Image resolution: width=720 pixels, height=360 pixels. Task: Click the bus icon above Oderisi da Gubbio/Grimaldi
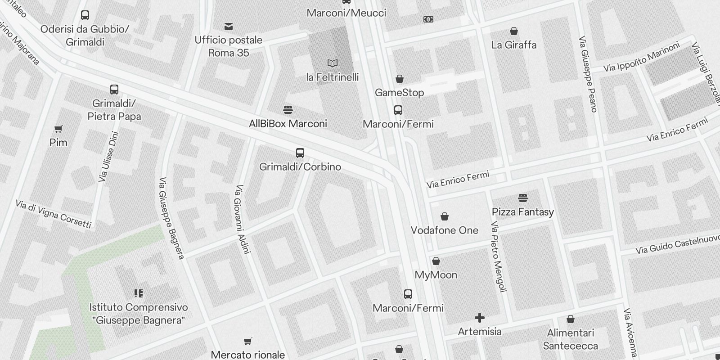tap(85, 15)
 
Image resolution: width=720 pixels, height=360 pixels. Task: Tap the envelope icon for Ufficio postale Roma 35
tap(229, 27)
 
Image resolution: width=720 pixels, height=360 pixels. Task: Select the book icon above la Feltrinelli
tap(333, 63)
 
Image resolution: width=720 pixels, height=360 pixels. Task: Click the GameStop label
tap(399, 93)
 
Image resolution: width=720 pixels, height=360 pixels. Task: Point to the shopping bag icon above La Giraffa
tap(513, 31)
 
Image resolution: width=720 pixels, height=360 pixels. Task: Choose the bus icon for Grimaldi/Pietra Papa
tap(114, 90)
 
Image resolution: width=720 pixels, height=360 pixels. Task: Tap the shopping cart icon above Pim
tap(58, 129)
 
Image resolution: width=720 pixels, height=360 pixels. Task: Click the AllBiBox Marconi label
tap(288, 124)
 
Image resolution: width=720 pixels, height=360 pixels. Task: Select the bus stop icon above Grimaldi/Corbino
tap(300, 153)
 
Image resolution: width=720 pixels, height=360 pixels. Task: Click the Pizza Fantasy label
tap(522, 212)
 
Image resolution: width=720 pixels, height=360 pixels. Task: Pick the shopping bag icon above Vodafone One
tap(444, 217)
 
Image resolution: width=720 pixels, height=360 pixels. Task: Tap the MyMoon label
tap(436, 275)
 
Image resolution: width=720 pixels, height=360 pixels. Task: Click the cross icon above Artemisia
tap(480, 318)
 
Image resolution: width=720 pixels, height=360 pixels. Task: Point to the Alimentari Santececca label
tap(570, 339)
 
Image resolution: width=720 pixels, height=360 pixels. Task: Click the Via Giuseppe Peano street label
tap(588, 74)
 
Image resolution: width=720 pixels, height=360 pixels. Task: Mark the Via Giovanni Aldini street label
tap(242, 219)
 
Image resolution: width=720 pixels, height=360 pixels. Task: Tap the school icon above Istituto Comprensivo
tap(139, 294)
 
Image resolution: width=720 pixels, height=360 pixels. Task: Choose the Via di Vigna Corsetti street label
tap(54, 214)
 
